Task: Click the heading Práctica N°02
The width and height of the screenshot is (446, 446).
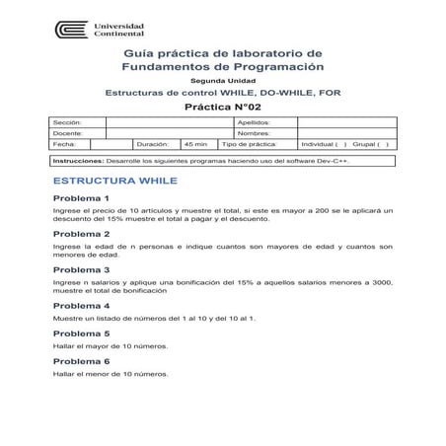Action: pos(221,104)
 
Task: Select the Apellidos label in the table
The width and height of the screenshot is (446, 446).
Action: pos(255,122)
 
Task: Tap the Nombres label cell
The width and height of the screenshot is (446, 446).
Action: pos(254,133)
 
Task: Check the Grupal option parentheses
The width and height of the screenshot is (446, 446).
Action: pos(383,144)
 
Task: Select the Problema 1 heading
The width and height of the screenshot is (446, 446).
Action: pos(81,199)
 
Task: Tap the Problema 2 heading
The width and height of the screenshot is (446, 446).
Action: pos(81,234)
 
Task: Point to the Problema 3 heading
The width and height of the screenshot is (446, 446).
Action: pos(81,268)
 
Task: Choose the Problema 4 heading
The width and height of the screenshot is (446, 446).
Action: pos(81,305)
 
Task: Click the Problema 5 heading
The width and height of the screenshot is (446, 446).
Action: pos(81,333)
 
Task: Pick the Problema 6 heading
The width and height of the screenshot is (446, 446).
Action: pos(81,361)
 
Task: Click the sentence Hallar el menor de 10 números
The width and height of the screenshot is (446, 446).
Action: pos(111,374)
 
